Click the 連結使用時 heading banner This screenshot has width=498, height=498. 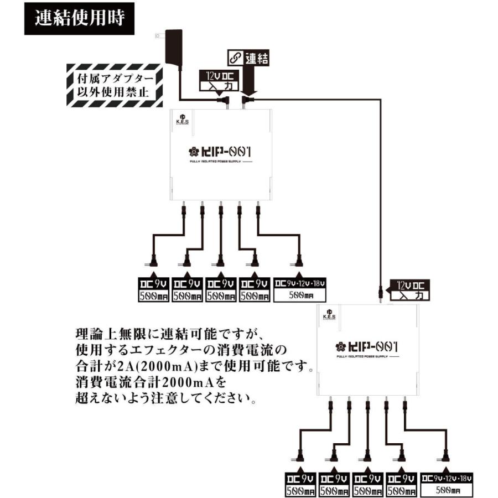click(x=79, y=18)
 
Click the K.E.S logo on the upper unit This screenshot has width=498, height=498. click(x=181, y=119)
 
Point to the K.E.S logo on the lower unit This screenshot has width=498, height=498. click(x=328, y=314)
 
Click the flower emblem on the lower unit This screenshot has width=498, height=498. click(x=341, y=347)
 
